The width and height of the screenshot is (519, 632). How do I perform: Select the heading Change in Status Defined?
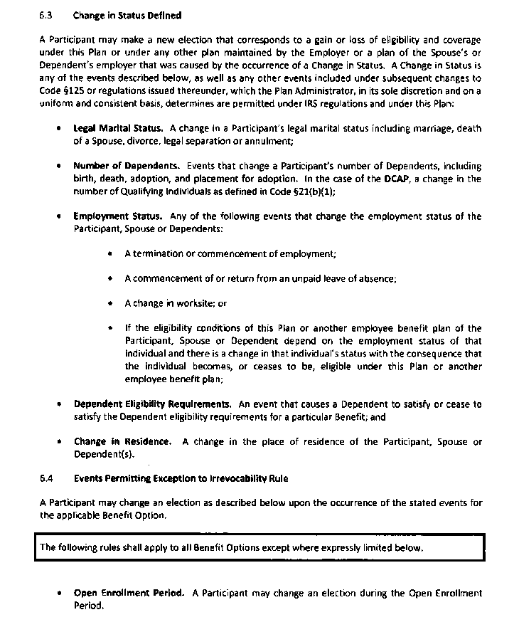tap(127, 15)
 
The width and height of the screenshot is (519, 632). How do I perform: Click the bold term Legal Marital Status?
tap(118, 129)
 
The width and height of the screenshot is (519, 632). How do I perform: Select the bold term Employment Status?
tap(117, 216)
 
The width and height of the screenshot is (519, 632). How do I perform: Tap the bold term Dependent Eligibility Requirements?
tap(152, 404)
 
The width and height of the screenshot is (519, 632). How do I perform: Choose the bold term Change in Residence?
tap(122, 441)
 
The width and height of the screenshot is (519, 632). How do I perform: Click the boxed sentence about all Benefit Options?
tap(232, 548)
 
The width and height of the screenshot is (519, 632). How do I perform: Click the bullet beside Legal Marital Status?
tap(58, 129)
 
